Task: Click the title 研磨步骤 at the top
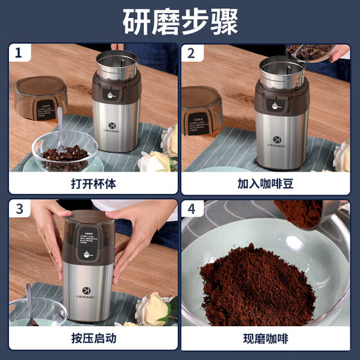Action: tap(180, 21)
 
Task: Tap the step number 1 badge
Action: tap(19, 53)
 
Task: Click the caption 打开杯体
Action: tap(93, 184)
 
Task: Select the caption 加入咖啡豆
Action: tap(266, 184)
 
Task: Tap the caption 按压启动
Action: tap(93, 339)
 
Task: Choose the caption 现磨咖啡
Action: tap(266, 339)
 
